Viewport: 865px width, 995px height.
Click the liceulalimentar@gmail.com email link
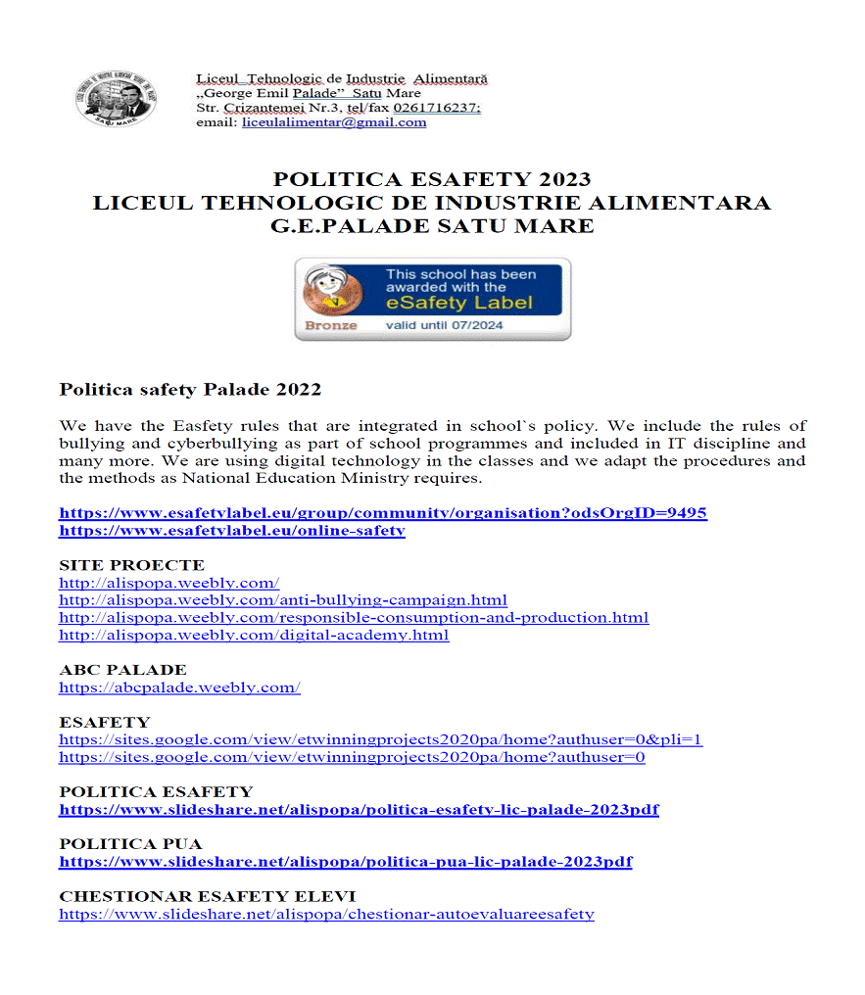click(334, 122)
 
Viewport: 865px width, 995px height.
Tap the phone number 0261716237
click(436, 108)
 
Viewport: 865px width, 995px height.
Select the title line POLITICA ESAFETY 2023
click(432, 179)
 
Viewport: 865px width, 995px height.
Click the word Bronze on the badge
click(331, 325)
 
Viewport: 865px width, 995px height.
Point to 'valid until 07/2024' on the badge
click(445, 325)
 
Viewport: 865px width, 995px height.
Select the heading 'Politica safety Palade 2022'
click(190, 389)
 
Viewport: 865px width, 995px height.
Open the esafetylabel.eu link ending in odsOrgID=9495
click(383, 512)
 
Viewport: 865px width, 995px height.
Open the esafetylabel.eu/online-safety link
click(232, 530)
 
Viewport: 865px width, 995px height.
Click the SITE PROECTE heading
click(131, 565)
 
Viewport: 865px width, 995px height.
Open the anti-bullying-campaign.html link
click(283, 599)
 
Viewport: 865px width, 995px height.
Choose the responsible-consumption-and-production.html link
click(354, 617)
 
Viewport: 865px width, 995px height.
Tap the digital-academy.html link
click(254, 635)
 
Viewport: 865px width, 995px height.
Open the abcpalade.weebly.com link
click(179, 687)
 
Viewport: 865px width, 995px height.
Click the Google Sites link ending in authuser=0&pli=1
click(380, 739)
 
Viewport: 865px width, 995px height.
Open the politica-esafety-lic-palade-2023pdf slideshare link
click(359, 810)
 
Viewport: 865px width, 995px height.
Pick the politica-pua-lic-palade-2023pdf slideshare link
click(345, 862)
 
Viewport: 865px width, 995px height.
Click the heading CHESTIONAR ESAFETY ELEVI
click(207, 896)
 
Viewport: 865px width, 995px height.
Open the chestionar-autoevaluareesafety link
click(326, 914)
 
